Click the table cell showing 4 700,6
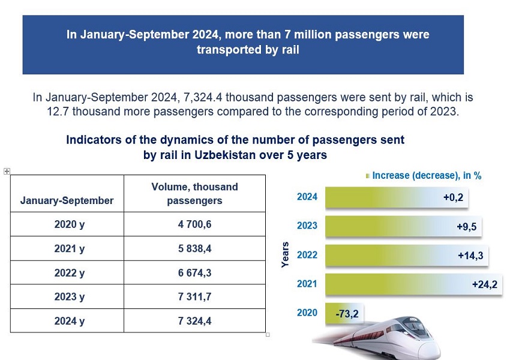click(194, 224)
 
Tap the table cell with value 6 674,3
click(194, 273)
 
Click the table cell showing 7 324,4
click(194, 321)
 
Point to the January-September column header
click(67, 200)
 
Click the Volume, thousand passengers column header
click(194, 194)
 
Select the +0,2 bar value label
click(455, 197)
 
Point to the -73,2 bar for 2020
click(344, 313)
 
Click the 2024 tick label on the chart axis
click(307, 197)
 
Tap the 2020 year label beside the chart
click(307, 313)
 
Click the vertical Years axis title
click(286, 254)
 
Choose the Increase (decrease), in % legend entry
click(427, 176)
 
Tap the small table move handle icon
click(7, 171)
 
